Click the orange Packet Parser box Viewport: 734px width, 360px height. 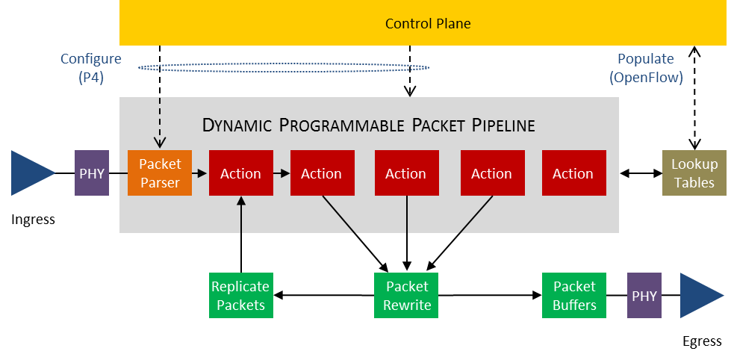pyautogui.click(x=160, y=173)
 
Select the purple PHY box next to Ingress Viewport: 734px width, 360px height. pyautogui.click(x=92, y=173)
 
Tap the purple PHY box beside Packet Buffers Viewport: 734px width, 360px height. pyautogui.click(x=644, y=296)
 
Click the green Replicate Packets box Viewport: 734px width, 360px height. pyautogui.click(x=240, y=296)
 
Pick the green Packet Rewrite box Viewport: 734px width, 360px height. pyautogui.click(x=406, y=296)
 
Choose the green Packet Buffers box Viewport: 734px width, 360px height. pyautogui.click(x=574, y=296)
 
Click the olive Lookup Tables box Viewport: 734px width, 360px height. pyautogui.click(x=694, y=173)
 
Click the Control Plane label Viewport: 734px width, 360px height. pyautogui.click(x=428, y=23)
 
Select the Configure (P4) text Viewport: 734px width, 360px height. pyautogui.click(x=91, y=68)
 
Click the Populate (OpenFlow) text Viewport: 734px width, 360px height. pyautogui.click(x=646, y=68)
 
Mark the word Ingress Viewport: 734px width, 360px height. pyautogui.click(x=33, y=219)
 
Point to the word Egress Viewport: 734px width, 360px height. pyautogui.click(x=702, y=341)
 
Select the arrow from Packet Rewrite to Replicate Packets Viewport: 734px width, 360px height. pyautogui.click(x=324, y=296)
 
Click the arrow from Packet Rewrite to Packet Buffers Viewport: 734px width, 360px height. pyautogui.click(x=490, y=296)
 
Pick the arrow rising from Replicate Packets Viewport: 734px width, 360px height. pyautogui.click(x=241, y=234)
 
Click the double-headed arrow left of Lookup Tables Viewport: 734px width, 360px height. pyautogui.click(x=641, y=174)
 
